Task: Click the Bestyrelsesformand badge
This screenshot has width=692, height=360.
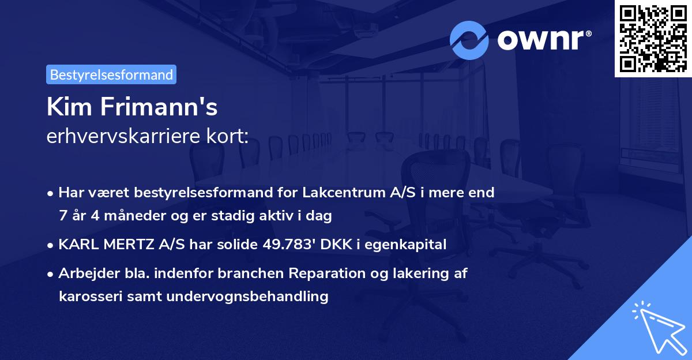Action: point(111,74)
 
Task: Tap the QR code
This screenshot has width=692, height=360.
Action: point(652,38)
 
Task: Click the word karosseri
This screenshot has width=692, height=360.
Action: point(86,297)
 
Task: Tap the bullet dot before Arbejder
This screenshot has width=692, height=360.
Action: point(51,273)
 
